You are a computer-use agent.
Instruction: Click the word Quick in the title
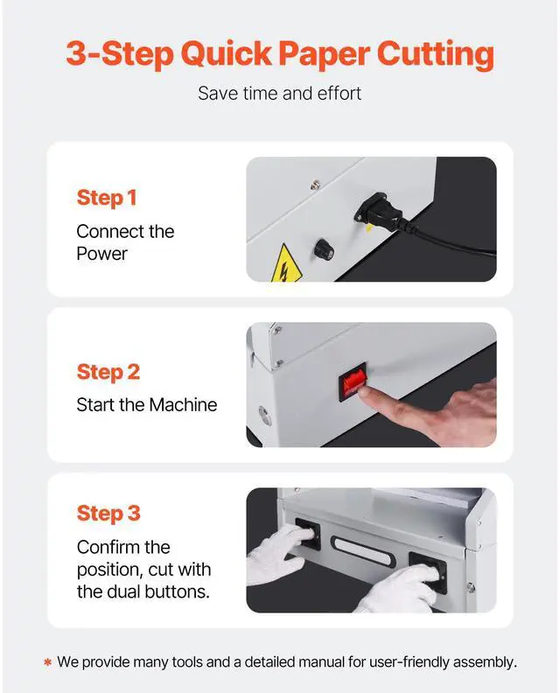pyautogui.click(x=227, y=54)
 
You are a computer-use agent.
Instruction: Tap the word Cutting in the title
pyautogui.click(x=436, y=55)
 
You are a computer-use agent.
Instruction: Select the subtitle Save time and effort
pyautogui.click(x=279, y=94)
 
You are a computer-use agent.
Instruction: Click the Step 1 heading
pyautogui.click(x=107, y=198)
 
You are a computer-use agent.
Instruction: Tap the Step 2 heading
pyautogui.click(x=108, y=372)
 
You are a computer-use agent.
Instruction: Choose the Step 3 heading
pyautogui.click(x=108, y=514)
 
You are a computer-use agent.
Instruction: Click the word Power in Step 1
pyautogui.click(x=101, y=254)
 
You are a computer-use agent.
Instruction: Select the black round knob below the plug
pyautogui.click(x=324, y=250)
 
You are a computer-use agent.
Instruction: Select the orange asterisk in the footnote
pyautogui.click(x=48, y=662)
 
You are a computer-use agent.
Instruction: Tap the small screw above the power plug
pyautogui.click(x=315, y=185)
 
